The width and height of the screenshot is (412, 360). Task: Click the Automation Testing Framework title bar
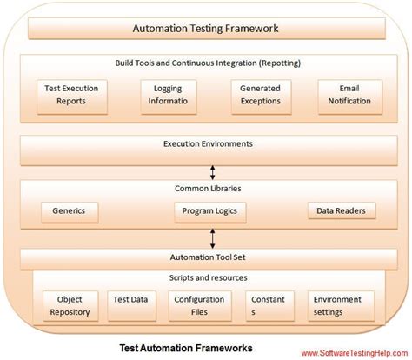[x=205, y=29]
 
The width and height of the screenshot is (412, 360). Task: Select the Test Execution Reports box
[x=72, y=95]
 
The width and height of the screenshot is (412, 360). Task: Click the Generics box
[x=70, y=210]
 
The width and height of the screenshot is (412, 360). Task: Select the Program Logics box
[x=209, y=210]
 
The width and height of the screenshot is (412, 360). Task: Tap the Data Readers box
[x=342, y=210]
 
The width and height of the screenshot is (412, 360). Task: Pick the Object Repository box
[x=69, y=306]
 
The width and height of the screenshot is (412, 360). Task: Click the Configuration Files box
[x=200, y=306]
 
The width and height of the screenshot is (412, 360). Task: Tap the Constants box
[x=267, y=306]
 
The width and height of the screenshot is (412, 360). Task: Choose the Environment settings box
[x=342, y=306]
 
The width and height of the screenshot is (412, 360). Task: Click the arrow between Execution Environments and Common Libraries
[x=206, y=173]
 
